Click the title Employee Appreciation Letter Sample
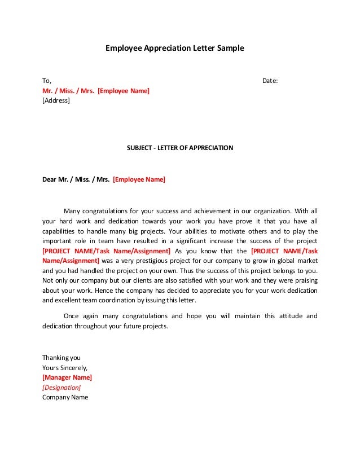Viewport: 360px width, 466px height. [x=175, y=49]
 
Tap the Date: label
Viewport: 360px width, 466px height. [x=270, y=81]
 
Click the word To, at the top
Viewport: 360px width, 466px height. [x=47, y=81]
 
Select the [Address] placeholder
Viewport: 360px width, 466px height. [x=56, y=100]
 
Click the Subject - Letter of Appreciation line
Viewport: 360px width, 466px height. [x=180, y=148]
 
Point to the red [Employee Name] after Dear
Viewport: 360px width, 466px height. [x=139, y=180]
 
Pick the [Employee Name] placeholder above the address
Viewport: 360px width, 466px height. [x=124, y=90]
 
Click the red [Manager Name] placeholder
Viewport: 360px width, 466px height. [x=67, y=377]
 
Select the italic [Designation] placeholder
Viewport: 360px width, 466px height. [x=62, y=387]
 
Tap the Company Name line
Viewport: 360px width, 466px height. [x=65, y=397]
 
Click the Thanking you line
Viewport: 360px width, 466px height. [x=62, y=357]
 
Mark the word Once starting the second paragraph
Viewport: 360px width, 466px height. [x=72, y=316]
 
